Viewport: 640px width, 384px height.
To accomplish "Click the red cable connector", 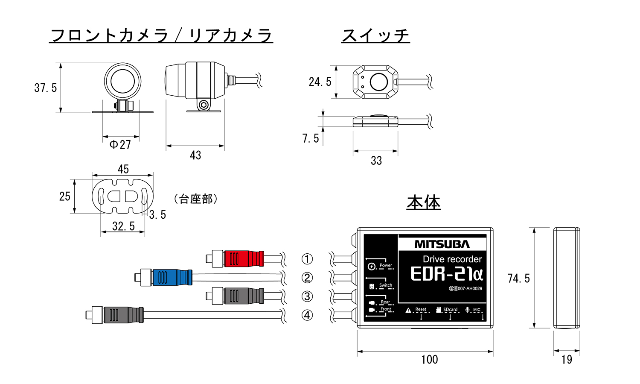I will (242, 258).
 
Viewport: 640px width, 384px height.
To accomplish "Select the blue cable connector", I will (172, 277).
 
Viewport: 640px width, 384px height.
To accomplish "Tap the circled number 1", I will (307, 259).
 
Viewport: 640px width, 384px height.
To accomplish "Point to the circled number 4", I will (307, 315).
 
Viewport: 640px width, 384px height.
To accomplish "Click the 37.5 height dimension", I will (46, 88).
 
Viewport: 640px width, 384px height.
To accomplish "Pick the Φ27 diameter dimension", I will (120, 145).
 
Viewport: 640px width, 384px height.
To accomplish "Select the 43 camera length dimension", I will (195, 155).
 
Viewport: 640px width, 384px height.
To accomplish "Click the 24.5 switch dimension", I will (320, 82).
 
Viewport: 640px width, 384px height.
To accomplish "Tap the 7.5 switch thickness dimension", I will (311, 138).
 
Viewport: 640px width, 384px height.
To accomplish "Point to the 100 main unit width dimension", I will (429, 360).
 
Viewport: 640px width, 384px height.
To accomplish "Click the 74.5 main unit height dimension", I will (518, 278).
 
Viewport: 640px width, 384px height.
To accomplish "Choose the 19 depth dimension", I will (567, 360).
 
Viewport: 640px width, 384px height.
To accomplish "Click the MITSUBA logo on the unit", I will (442, 244).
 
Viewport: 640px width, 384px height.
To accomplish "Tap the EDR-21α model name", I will (446, 274).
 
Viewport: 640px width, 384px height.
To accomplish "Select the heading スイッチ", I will (375, 35).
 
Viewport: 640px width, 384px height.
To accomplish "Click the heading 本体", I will (423, 202).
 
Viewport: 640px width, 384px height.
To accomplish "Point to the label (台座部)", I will (196, 199).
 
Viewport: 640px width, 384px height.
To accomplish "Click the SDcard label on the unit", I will (450, 310).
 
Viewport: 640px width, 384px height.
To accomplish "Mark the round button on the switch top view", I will (378, 82).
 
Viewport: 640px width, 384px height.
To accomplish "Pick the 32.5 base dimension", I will (123, 226).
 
